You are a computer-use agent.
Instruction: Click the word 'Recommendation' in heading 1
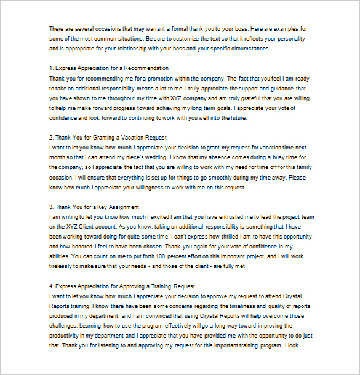(x=146, y=68)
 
